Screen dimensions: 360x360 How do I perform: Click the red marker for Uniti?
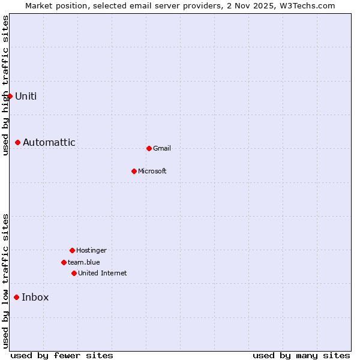[x=10, y=96]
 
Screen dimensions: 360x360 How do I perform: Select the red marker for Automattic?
[x=18, y=142]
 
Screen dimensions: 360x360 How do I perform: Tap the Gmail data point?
[x=149, y=148]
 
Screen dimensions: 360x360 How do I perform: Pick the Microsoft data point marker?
[x=134, y=171]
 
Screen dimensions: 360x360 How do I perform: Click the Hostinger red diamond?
[x=72, y=250]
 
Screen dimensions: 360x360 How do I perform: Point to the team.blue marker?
[x=64, y=262]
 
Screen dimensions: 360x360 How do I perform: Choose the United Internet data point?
[x=74, y=273]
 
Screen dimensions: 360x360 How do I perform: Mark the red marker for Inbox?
[x=17, y=297]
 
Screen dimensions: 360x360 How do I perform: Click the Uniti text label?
[x=26, y=96]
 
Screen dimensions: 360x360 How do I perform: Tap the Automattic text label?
[x=49, y=142]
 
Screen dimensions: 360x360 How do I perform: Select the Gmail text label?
[x=162, y=148]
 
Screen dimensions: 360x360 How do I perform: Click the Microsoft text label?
[x=152, y=171]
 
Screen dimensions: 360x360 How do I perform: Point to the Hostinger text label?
[x=91, y=250]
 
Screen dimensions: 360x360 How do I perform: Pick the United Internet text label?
[x=102, y=273]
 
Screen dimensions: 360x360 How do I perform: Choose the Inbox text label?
[x=35, y=297]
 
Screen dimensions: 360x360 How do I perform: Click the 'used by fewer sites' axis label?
[x=62, y=355]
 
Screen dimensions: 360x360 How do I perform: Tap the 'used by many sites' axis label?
[x=301, y=355]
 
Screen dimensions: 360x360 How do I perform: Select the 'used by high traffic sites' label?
[x=5, y=85]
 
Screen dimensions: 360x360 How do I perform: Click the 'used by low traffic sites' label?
[x=5, y=281]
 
